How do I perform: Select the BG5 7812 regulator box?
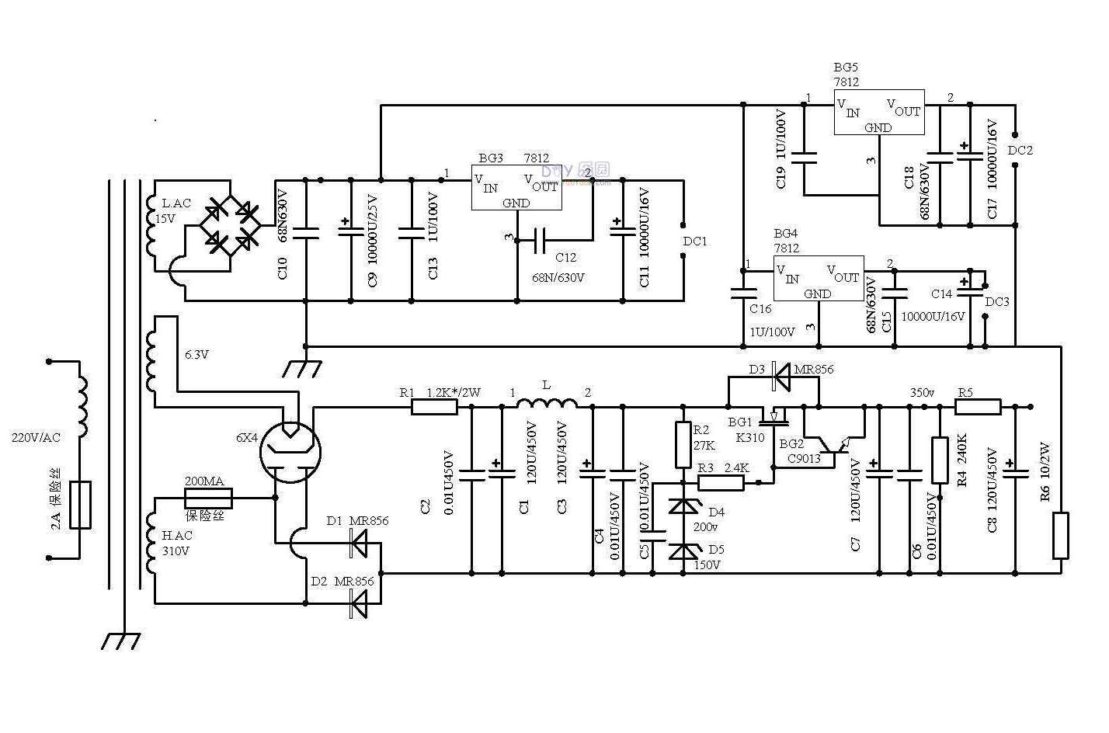coord(879,112)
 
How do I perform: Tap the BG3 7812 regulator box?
coord(516,187)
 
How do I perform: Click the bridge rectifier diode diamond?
coord(230,225)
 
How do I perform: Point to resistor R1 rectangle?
coord(433,406)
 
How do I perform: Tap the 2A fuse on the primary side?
coord(81,505)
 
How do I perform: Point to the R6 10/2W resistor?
coord(1060,535)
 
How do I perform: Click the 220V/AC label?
coord(36,437)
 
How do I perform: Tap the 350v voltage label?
coord(922,393)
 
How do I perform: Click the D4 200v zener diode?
coord(683,507)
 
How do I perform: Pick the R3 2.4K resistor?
coord(721,483)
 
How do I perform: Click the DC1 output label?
coord(695,241)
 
